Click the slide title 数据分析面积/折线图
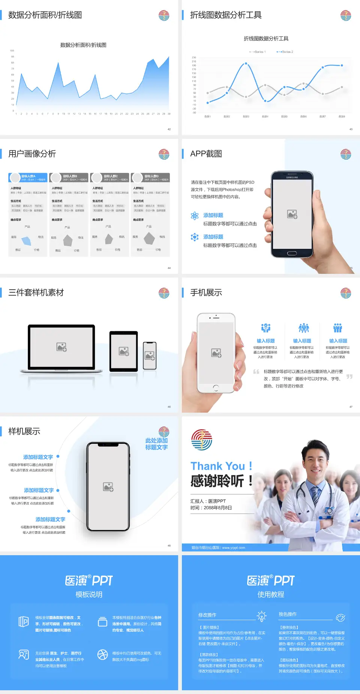pyautogui.click(x=45, y=15)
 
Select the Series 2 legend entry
pyautogui.click(x=285, y=52)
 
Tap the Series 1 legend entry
pyautogui.click(x=258, y=52)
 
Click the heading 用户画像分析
pyautogui.click(x=32, y=154)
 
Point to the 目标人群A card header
pyautogui.click(x=28, y=177)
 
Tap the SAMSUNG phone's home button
pyautogui.click(x=292, y=253)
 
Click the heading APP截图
pyautogui.click(x=206, y=154)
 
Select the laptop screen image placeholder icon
pyautogui.click(x=61, y=347)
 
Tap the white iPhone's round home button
pyautogui.click(x=216, y=388)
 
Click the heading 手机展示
pyautogui.click(x=206, y=293)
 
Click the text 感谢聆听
pyautogui.click(x=217, y=481)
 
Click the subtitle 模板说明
pyautogui.click(x=89, y=595)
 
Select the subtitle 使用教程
pyautogui.click(x=271, y=595)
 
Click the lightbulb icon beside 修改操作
pyautogui.click(x=261, y=616)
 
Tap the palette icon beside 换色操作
pyautogui.click(x=340, y=617)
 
